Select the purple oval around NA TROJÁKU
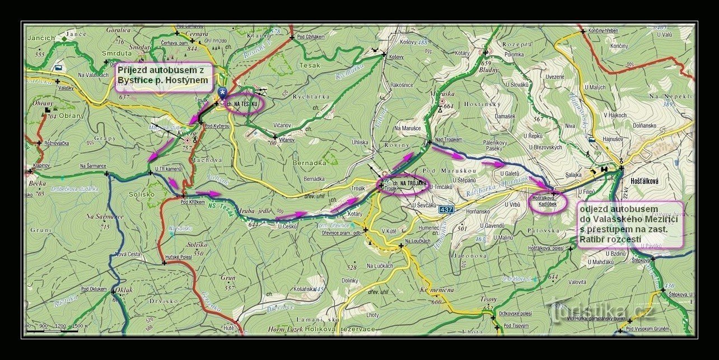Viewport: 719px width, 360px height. pyautogui.click(x=404, y=183)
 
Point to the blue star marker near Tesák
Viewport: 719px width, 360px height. pyautogui.click(x=223, y=92)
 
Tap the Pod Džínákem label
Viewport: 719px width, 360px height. pyautogui.click(x=311, y=36)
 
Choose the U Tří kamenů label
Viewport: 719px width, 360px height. pyautogui.click(x=167, y=168)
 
